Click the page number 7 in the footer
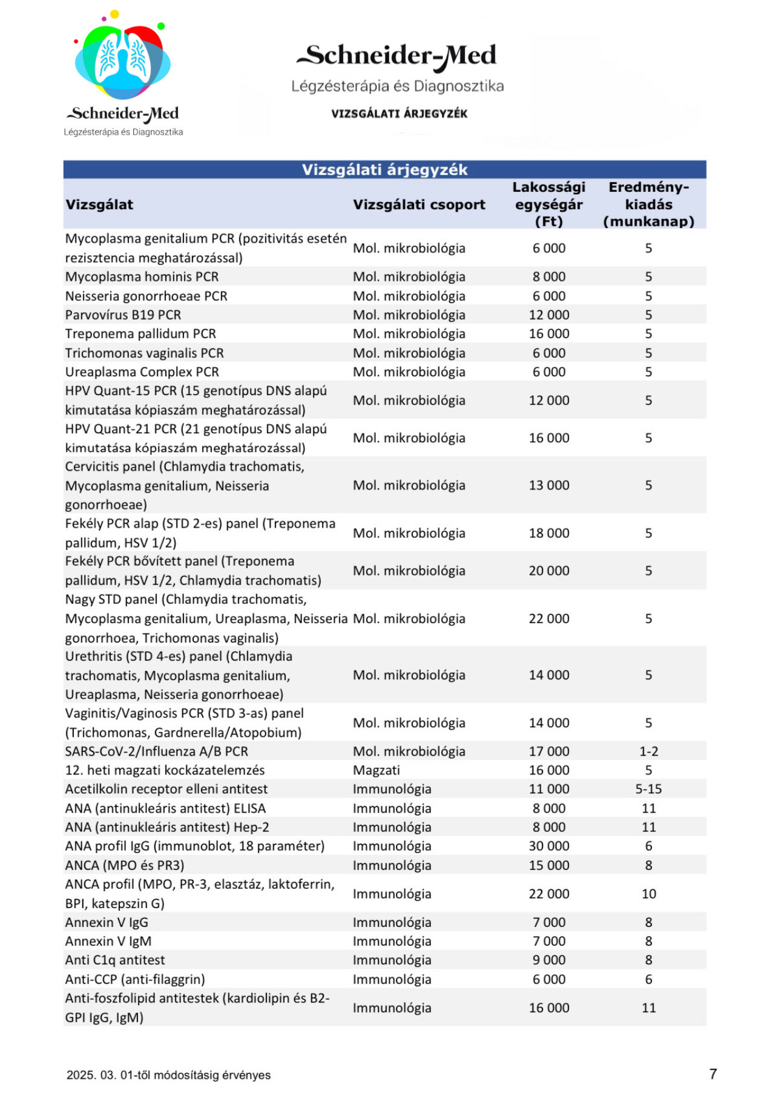click(713, 1074)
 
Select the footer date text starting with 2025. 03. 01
click(168, 1075)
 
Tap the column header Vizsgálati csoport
click(419, 204)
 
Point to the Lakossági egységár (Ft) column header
click(549, 204)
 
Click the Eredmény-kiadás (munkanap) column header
click(648, 204)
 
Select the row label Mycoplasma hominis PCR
click(142, 276)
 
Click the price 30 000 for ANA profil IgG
click(549, 846)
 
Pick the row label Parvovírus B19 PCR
click(123, 315)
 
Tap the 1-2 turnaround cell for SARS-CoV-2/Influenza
click(648, 751)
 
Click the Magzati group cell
click(377, 770)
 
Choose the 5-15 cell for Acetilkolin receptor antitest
click(648, 789)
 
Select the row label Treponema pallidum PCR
click(140, 333)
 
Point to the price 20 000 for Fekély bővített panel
click(549, 571)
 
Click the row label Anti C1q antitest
click(115, 960)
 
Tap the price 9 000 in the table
click(549, 960)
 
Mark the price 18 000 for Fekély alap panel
click(549, 533)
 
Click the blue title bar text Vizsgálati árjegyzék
click(384, 169)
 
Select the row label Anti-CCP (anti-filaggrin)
click(135, 979)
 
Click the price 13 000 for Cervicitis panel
click(549, 485)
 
